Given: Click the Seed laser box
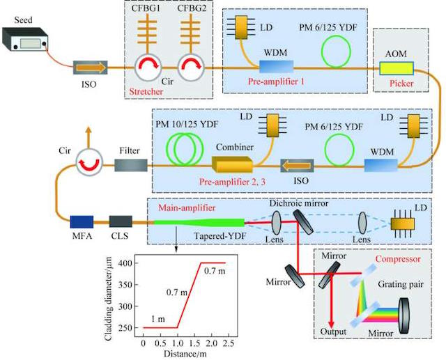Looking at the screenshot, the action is pyautogui.click(x=25, y=39).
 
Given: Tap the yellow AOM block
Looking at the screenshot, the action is pyautogui.click(x=397, y=68).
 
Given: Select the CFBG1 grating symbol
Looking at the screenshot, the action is pyautogui.click(x=147, y=33).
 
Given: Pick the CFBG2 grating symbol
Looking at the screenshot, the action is pyautogui.click(x=191, y=33).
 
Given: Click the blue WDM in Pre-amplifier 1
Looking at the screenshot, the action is pyautogui.click(x=276, y=67).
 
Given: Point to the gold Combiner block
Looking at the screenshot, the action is pyautogui.click(x=232, y=164).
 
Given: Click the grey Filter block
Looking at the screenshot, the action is pyautogui.click(x=131, y=165).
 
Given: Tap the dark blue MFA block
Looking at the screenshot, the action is pyautogui.click(x=82, y=222).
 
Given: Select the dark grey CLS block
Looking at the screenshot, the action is pyautogui.click(x=121, y=221).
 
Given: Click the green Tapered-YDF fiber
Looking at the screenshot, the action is pyautogui.click(x=199, y=223).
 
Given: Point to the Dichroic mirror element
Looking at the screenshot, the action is pyautogui.click(x=304, y=221).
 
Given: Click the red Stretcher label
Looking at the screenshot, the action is pyautogui.click(x=146, y=92).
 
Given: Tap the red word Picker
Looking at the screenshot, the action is pyautogui.click(x=401, y=84).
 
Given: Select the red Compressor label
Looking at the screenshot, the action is pyautogui.click(x=398, y=259).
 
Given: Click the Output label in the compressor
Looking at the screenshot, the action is pyautogui.click(x=333, y=331).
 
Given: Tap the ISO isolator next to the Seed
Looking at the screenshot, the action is pyautogui.click(x=91, y=68).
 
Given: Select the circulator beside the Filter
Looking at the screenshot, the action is pyautogui.click(x=89, y=163).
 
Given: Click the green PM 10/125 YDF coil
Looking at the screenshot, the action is pyautogui.click(x=185, y=148).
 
